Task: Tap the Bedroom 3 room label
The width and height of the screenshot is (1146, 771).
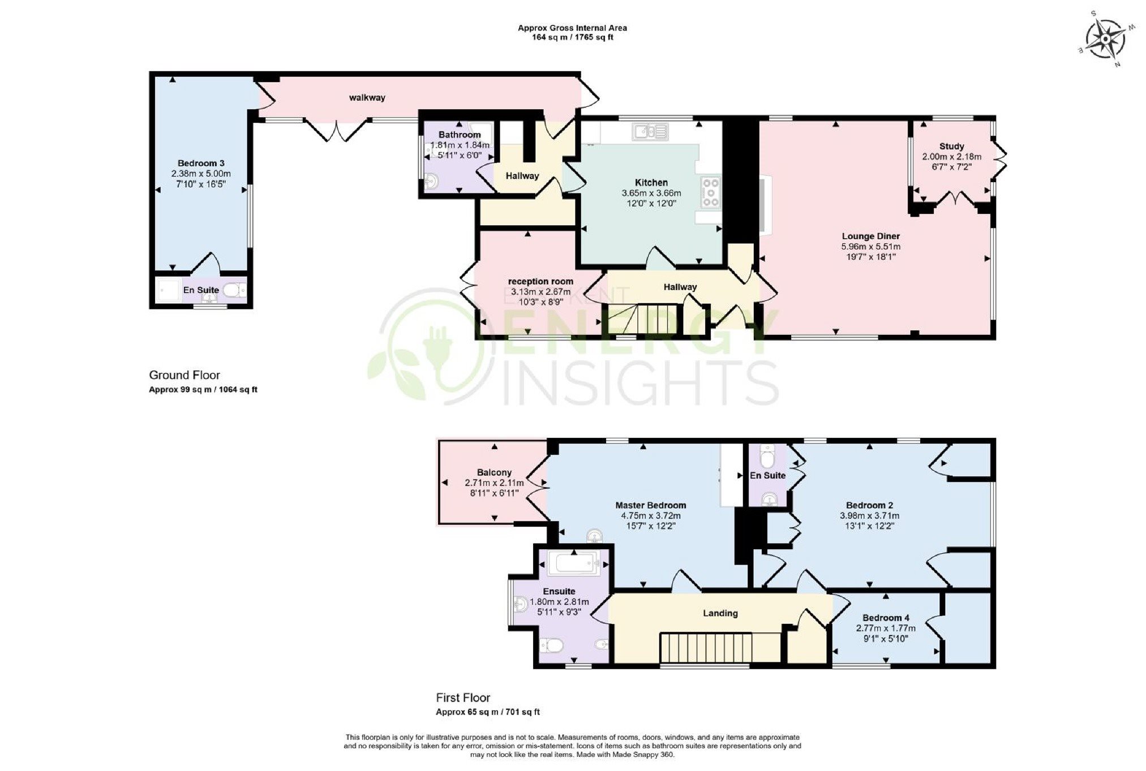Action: pyautogui.click(x=201, y=163)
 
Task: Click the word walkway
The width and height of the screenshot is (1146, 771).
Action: pyautogui.click(x=367, y=97)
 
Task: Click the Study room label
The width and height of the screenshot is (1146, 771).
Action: pyautogui.click(x=952, y=146)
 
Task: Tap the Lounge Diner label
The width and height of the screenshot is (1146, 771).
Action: pyautogui.click(x=871, y=236)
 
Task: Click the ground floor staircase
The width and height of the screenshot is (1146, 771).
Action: pyautogui.click(x=643, y=320)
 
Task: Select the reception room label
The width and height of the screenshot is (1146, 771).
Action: pyautogui.click(x=540, y=281)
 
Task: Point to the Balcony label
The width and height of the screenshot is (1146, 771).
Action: pyautogui.click(x=494, y=472)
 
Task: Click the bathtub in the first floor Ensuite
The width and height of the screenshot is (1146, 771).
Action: pyautogui.click(x=574, y=563)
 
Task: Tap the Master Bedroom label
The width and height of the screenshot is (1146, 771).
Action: pyautogui.click(x=651, y=505)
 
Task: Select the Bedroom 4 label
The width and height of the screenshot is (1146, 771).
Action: pyautogui.click(x=886, y=618)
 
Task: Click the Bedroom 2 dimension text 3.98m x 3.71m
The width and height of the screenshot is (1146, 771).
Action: pyautogui.click(x=869, y=515)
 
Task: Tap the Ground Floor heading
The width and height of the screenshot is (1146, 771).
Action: pyautogui.click(x=184, y=375)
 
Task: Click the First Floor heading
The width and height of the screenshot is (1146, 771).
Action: pyautogui.click(x=463, y=698)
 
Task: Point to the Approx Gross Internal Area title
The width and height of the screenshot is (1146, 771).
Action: pyautogui.click(x=572, y=28)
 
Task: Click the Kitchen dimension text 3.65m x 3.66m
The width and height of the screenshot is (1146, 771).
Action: pyautogui.click(x=651, y=193)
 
